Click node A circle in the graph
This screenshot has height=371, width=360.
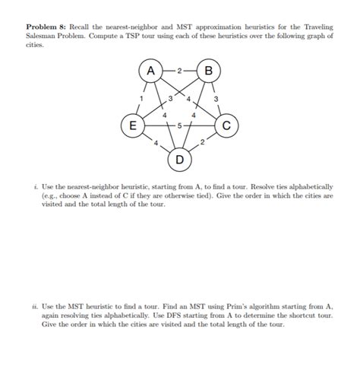pos(150,71)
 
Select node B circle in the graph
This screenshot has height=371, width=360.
pos(208,71)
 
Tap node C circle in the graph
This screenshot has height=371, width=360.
pos(227,125)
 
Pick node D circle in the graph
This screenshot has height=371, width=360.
pos(179,160)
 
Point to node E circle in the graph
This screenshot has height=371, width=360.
pos(131,125)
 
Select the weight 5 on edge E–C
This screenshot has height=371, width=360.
pos(180,125)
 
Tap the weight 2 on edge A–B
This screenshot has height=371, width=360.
pos(179,71)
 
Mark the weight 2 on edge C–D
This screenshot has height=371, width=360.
pos(204,142)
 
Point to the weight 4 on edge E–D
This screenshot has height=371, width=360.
pos(155,143)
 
